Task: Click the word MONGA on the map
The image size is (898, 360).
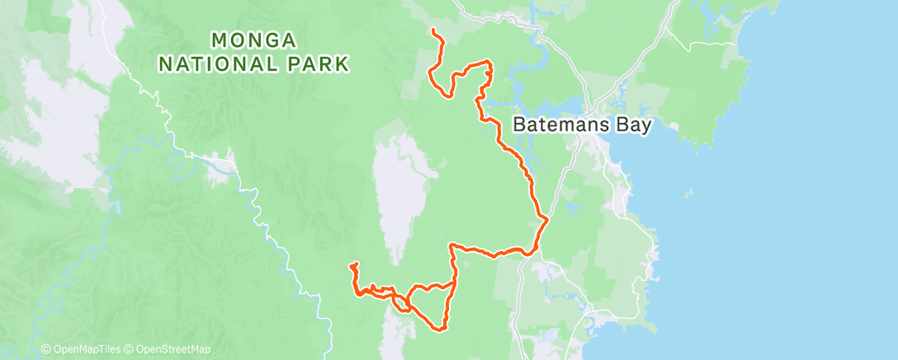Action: click(254, 40)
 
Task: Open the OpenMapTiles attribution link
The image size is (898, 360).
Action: click(88, 349)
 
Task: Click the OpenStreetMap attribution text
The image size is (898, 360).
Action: click(173, 349)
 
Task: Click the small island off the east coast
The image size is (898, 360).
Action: click(687, 195)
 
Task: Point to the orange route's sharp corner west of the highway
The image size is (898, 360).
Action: click(451, 245)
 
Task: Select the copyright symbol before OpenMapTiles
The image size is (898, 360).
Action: click(46, 349)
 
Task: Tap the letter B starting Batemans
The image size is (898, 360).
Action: click(518, 126)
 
